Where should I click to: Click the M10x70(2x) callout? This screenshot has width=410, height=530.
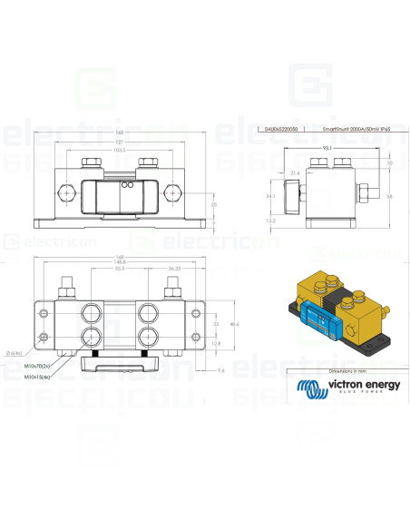point(38,367)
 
